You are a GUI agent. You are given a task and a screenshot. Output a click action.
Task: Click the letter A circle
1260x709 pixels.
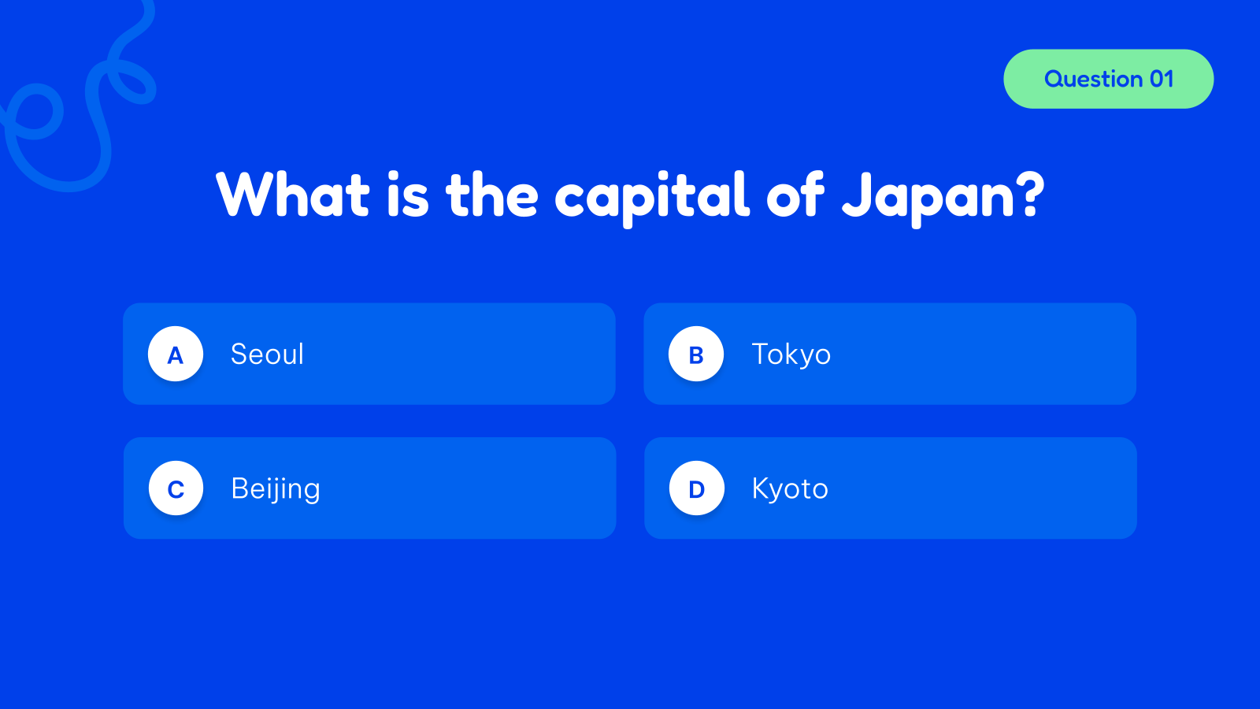click(176, 354)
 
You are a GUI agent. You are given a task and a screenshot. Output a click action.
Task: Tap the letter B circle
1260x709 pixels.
click(696, 354)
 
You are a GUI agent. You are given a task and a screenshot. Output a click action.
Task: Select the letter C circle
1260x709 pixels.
click(176, 488)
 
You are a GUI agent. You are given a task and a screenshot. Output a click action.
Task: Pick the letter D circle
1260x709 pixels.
click(696, 488)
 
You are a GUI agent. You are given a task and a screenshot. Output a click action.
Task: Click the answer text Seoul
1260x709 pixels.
click(267, 354)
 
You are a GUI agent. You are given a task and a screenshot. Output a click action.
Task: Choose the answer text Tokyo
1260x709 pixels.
click(791, 354)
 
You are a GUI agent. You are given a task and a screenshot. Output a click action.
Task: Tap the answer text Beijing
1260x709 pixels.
click(275, 489)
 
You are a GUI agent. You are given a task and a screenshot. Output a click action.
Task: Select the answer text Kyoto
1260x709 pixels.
click(789, 489)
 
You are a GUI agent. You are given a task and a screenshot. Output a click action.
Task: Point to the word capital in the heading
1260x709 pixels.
click(652, 196)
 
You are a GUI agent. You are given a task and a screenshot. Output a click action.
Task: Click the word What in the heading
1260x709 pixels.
click(293, 195)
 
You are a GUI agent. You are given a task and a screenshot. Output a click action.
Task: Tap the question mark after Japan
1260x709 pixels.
click(1029, 195)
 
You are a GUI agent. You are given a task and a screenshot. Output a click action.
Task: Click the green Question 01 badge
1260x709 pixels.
click(1108, 79)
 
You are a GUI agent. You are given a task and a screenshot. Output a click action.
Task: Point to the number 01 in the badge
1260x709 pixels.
click(1162, 79)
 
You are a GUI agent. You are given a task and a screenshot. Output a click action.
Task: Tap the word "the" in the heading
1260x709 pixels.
click(491, 195)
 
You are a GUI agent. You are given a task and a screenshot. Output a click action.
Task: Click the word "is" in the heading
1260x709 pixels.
click(407, 195)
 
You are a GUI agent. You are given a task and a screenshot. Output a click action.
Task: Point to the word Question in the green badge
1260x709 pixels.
click(1093, 79)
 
